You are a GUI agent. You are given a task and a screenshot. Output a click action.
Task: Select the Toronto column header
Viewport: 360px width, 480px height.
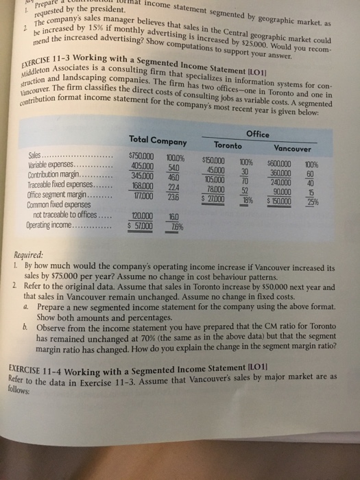227,146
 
